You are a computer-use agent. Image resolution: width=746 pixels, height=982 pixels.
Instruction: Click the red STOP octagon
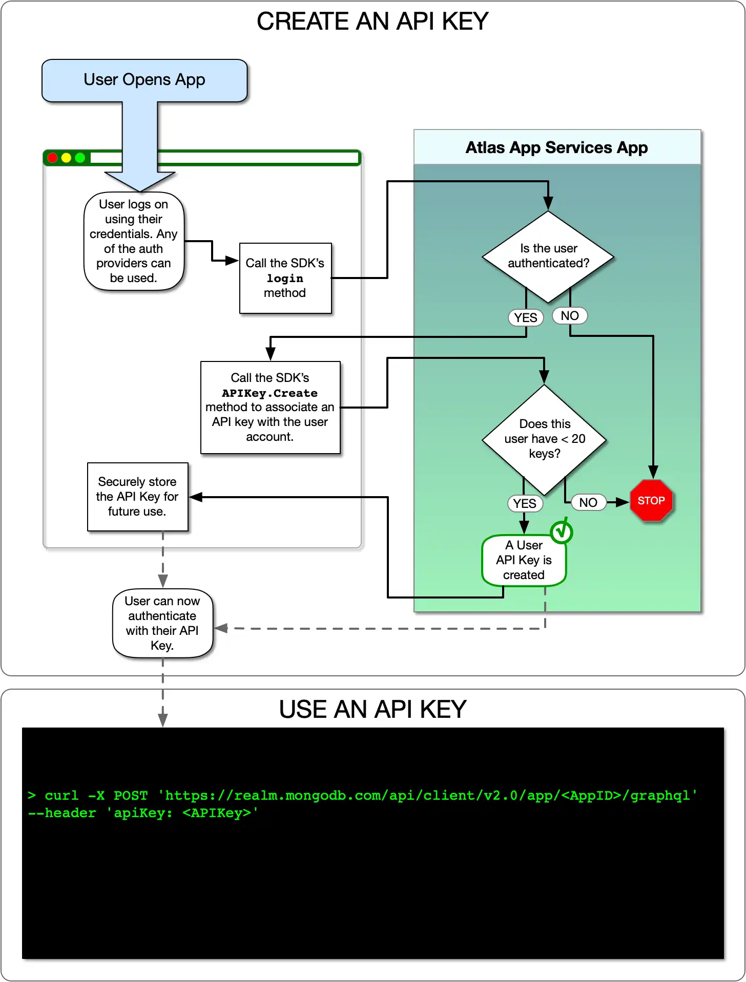pos(651,501)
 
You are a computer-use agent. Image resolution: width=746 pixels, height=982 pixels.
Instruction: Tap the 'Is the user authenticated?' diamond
pos(548,256)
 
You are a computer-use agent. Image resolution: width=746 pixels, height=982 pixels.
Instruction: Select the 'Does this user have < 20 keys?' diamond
pos(544,439)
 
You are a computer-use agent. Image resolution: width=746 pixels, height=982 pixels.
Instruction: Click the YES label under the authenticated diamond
pos(526,318)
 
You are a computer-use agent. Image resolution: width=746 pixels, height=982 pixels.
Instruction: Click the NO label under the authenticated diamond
pos(570,316)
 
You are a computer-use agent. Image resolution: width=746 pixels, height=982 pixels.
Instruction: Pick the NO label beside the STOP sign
pos(588,503)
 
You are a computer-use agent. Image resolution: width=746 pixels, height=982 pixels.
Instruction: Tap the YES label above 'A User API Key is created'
pos(525,504)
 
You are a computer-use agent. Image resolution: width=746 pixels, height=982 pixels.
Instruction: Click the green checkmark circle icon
pos(562,531)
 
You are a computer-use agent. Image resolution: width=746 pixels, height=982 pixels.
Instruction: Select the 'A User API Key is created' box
pos(524,560)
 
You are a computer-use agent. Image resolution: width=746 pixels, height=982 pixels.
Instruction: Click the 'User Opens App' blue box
pos(144,80)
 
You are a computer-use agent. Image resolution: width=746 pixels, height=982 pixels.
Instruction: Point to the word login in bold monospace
pos(285,279)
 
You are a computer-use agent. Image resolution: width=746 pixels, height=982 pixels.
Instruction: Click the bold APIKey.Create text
pos(270,393)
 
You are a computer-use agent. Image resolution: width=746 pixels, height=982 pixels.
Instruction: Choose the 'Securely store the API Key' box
pos(137,497)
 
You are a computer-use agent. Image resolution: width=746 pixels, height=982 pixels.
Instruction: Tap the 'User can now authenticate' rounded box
pos(162,623)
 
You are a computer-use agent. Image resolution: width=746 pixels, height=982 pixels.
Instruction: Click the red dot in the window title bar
pos(52,158)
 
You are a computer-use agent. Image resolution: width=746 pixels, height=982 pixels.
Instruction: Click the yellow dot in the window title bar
pos(66,158)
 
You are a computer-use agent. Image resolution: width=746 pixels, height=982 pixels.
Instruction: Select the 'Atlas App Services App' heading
pos(556,147)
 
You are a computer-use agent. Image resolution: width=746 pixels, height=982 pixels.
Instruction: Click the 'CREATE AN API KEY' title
pos(372,22)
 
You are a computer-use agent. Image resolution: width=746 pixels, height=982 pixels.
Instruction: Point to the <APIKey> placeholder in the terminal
pos(217,813)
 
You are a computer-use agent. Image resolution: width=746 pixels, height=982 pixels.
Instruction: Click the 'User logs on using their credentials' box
pos(134,241)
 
